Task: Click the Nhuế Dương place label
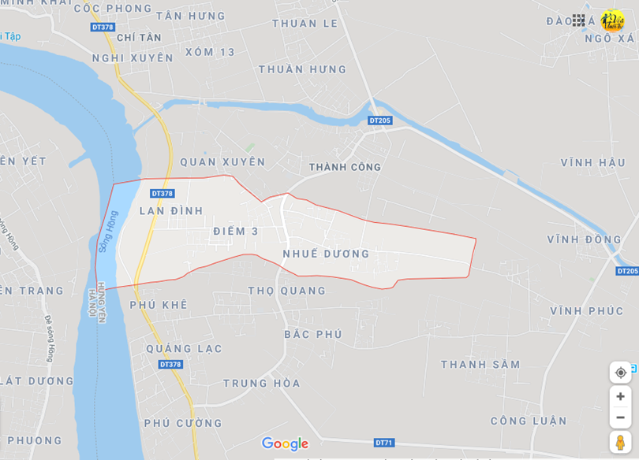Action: tap(326, 254)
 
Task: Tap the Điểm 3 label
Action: tap(235, 231)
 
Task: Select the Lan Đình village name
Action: tap(171, 211)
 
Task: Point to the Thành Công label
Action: tap(345, 167)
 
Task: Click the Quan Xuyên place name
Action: tap(222, 161)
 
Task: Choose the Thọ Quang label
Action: tap(286, 291)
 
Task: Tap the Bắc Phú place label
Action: tap(313, 334)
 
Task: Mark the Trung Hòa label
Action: tap(261, 383)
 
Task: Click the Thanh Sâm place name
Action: tap(480, 364)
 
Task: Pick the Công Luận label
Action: tap(529, 421)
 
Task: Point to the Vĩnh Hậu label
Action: tap(592, 162)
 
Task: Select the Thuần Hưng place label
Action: tap(302, 69)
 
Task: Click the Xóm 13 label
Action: tap(210, 52)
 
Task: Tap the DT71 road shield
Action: tap(384, 443)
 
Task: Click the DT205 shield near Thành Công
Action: tap(379, 121)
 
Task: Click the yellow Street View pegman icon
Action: tap(620, 442)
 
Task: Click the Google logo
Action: tap(285, 443)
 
